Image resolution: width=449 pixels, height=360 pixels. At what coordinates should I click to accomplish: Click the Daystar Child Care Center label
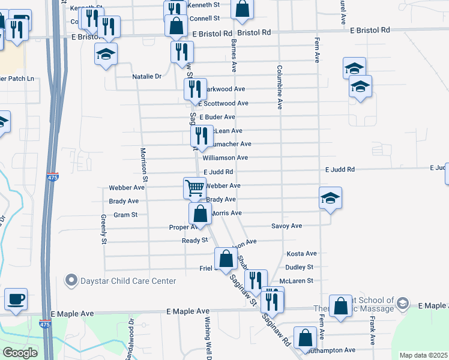(x=128, y=281)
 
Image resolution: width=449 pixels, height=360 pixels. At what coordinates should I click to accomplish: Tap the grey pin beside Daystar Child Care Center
(x=71, y=280)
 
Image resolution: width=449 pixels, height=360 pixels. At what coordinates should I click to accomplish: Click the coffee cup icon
(x=16, y=298)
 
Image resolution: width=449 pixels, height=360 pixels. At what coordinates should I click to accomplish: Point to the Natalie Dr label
(x=147, y=76)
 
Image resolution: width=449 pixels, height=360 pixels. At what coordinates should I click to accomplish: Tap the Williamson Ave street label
(x=225, y=158)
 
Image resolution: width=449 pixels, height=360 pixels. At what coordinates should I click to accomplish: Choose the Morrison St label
(x=144, y=165)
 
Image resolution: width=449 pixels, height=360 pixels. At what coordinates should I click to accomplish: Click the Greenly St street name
(x=104, y=228)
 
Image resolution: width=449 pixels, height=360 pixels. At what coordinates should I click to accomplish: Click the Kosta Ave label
(x=301, y=254)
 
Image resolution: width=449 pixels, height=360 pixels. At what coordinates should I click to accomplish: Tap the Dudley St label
(x=300, y=267)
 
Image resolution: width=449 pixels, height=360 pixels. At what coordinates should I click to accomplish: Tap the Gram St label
(x=125, y=214)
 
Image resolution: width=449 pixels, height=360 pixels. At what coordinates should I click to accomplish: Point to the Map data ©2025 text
(x=423, y=355)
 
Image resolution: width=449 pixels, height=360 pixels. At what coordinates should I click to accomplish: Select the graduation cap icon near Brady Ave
(x=330, y=198)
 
